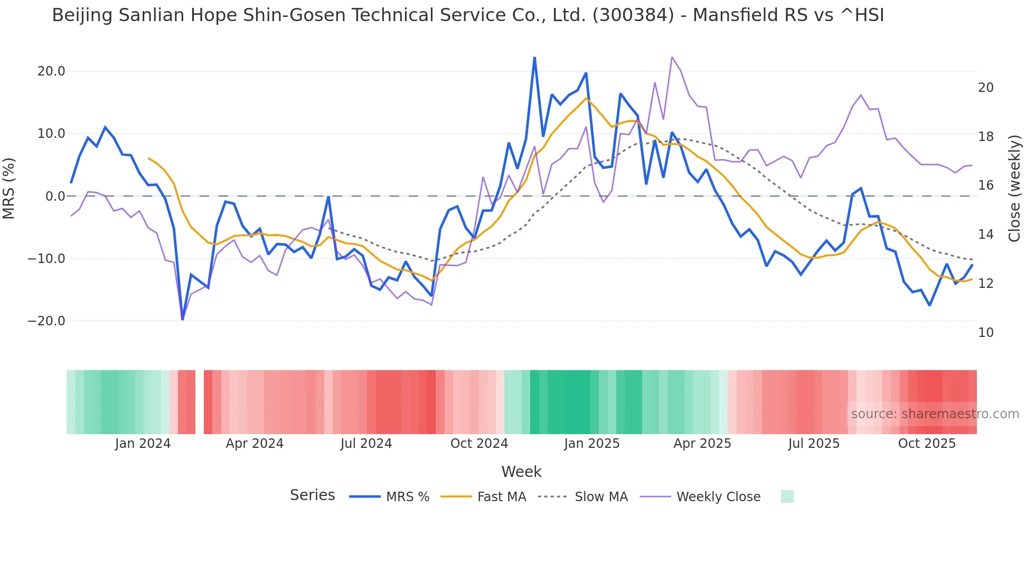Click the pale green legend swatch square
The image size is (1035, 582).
point(787,496)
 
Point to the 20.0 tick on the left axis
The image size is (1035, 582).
point(51,71)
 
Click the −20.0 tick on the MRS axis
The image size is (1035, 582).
point(46,321)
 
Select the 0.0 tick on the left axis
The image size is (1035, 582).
point(55,196)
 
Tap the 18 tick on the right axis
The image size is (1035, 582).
point(985,137)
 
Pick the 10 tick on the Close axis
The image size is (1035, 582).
point(985,333)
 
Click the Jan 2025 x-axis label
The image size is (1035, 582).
point(591,444)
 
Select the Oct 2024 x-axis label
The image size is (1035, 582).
point(479,444)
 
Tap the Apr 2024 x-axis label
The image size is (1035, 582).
point(255,444)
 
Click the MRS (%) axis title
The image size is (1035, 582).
point(9,189)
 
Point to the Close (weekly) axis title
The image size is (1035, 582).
point(1014,189)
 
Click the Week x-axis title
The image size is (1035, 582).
point(521,472)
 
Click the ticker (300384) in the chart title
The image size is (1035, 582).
point(633,15)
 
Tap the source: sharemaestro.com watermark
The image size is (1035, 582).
point(935,414)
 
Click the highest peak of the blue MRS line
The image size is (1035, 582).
point(534,58)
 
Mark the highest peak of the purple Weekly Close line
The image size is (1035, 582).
point(672,57)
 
